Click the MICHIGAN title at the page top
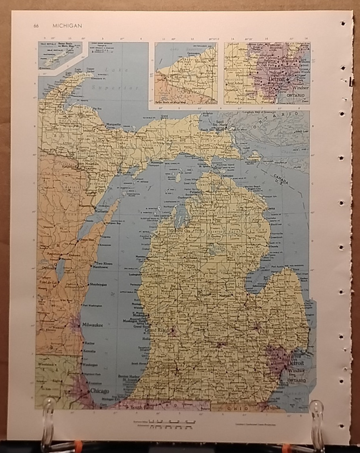coord(67,26)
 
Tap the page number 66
coord(36,26)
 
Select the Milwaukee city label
coord(93,325)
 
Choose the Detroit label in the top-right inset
coord(276,79)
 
